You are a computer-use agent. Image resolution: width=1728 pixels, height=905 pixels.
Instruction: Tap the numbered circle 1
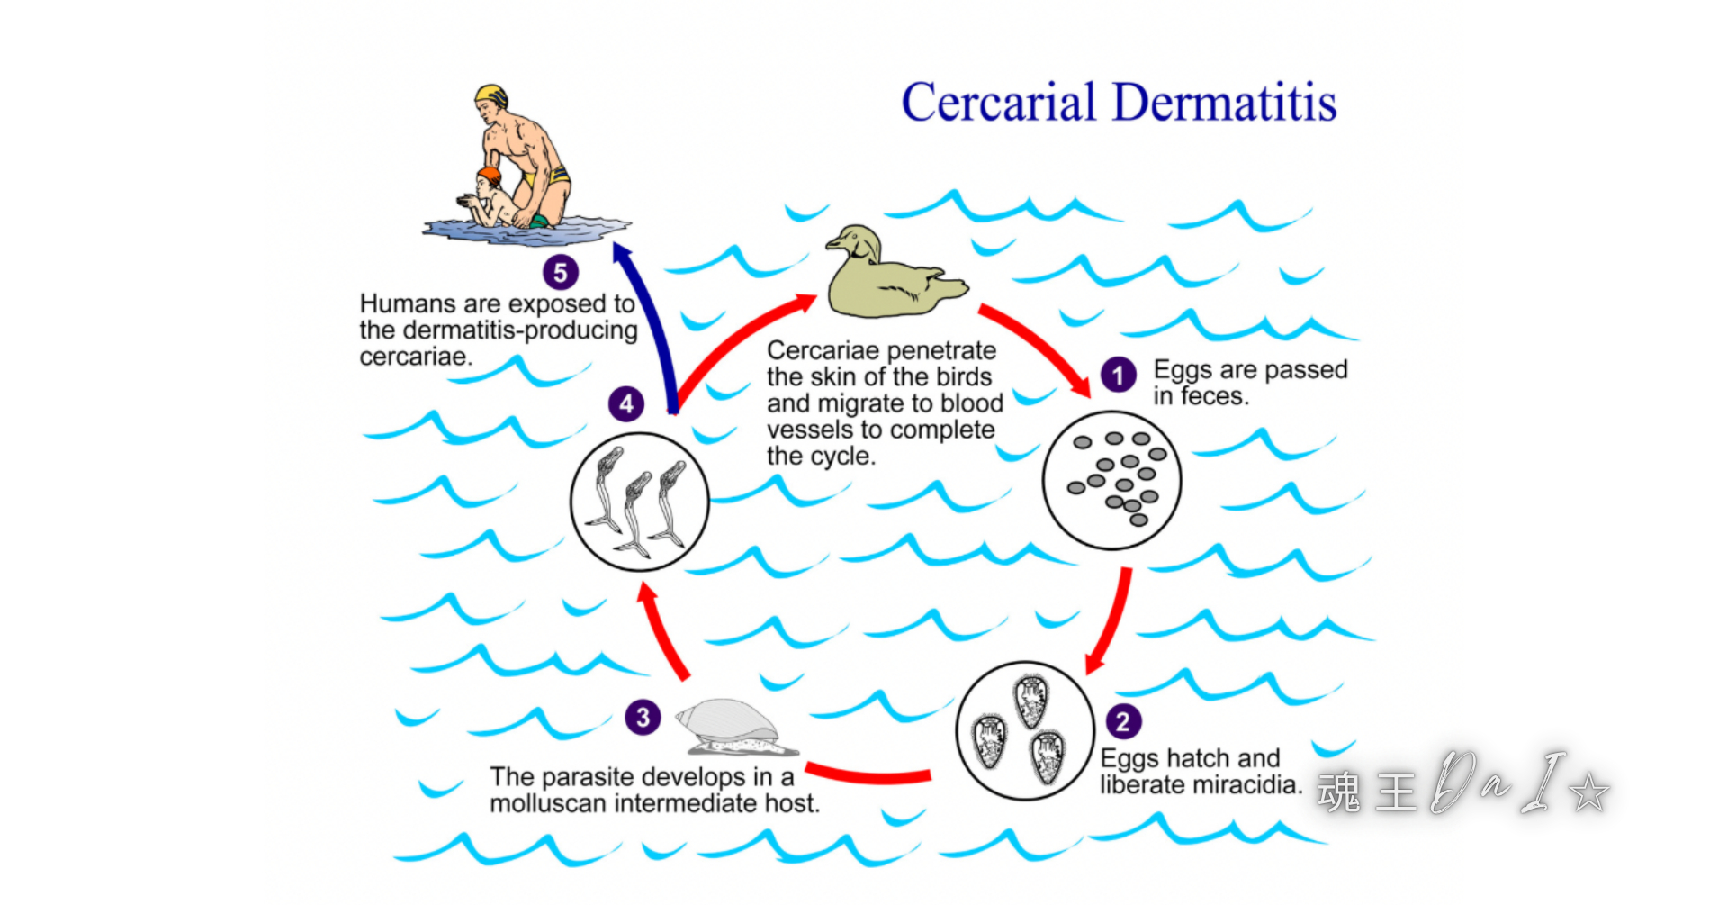click(1119, 375)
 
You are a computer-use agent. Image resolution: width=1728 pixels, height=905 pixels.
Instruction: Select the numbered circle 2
click(1122, 721)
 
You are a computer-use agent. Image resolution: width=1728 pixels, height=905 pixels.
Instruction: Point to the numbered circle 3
click(643, 718)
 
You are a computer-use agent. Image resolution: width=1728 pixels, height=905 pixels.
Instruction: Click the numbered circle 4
click(626, 403)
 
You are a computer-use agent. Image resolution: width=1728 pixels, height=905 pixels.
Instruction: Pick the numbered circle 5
click(560, 272)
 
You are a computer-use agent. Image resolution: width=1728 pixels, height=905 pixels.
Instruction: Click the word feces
click(1215, 396)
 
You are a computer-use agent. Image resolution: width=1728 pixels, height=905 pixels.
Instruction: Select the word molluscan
click(548, 803)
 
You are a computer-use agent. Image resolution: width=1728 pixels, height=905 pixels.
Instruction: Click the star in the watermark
click(1588, 792)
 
